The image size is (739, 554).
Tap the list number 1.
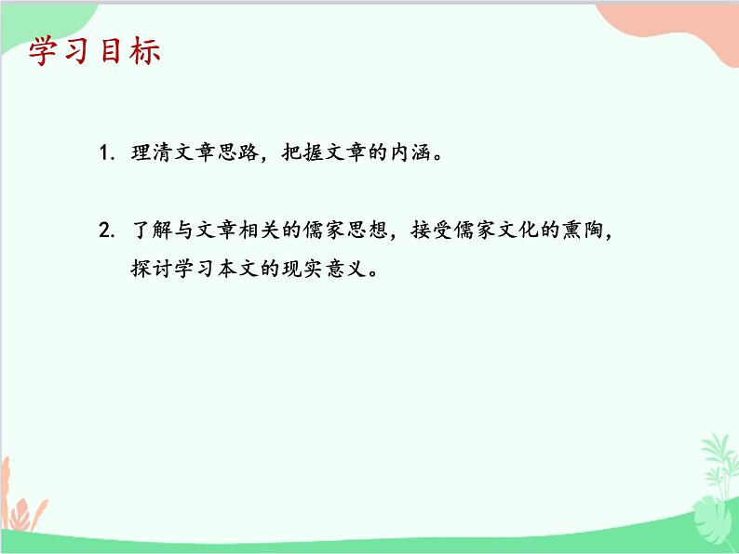tap(106, 152)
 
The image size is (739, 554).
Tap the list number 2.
tap(106, 231)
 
